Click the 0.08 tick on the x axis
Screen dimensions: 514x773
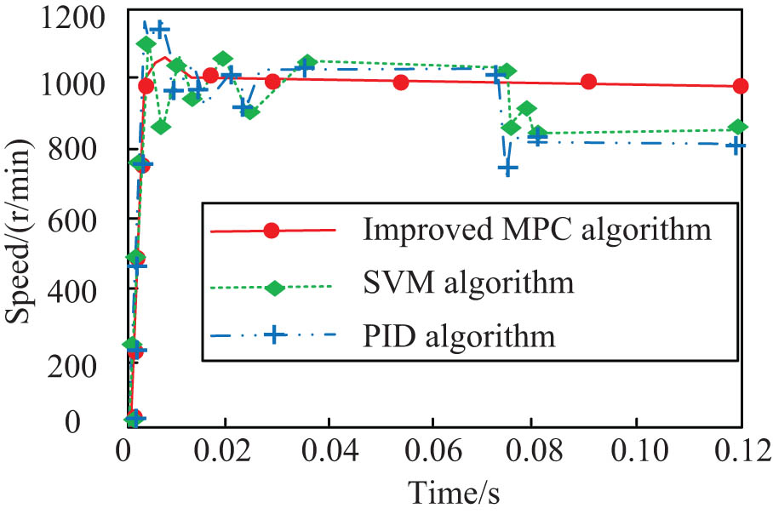[x=535, y=448]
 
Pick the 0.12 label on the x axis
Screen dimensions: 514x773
[x=741, y=448]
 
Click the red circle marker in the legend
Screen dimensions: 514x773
[x=272, y=230]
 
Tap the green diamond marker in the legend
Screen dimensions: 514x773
[x=273, y=287]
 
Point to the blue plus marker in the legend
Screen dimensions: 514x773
[x=272, y=335]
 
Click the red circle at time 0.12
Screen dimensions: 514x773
[x=740, y=86]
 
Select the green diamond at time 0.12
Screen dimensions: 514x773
[x=739, y=127]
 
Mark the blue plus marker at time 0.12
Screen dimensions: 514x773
[x=737, y=146]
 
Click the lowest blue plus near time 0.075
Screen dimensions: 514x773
[x=508, y=168]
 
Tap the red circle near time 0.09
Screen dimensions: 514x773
[x=588, y=82]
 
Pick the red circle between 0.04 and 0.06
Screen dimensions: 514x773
[x=401, y=83]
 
